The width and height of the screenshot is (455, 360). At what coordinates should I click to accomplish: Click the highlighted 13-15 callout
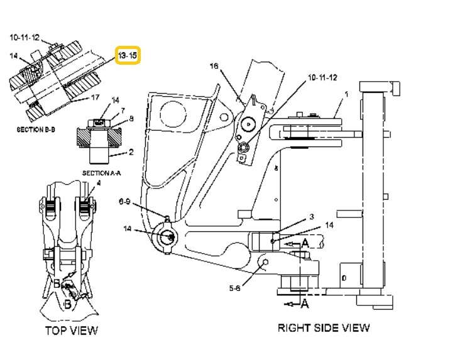[x=128, y=55]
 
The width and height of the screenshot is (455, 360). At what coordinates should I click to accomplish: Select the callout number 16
[x=214, y=67]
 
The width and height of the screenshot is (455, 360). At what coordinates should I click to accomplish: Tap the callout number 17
[x=96, y=97]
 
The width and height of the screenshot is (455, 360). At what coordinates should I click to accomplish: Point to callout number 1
[x=346, y=94]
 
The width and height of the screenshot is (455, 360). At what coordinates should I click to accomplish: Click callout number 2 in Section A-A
[x=131, y=151]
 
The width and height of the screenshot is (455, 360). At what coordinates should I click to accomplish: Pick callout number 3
[x=311, y=217]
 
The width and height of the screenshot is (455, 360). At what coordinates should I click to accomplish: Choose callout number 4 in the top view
[x=99, y=183]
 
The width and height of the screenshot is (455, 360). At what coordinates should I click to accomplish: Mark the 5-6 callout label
[x=234, y=288]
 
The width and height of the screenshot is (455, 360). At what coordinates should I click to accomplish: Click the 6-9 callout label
[x=125, y=201]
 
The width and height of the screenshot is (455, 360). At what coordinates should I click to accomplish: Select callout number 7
[x=123, y=111]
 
